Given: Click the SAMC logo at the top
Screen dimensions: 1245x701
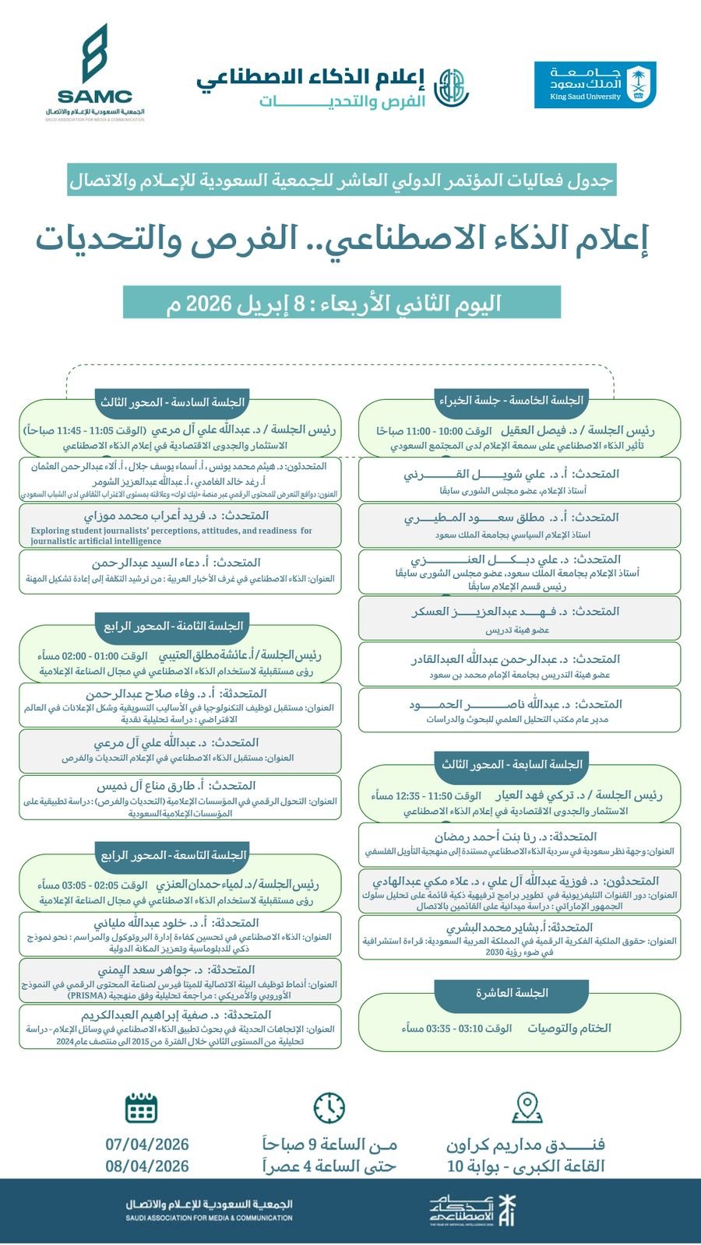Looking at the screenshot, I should coord(95,73).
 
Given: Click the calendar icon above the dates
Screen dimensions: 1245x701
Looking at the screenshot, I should coord(141,1106).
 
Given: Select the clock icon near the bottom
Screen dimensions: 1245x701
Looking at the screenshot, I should coord(329,1107).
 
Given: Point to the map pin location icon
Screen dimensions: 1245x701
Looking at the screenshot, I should coord(527,1107).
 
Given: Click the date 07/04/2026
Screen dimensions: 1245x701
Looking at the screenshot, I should coord(147,1144).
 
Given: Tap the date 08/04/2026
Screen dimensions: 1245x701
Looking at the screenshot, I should coord(147,1166).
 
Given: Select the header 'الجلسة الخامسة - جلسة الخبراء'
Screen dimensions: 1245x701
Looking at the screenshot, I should coord(511,400).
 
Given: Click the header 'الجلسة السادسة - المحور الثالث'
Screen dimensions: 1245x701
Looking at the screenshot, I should coord(172,402).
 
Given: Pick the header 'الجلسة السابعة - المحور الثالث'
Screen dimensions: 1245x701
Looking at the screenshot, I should coord(512,764).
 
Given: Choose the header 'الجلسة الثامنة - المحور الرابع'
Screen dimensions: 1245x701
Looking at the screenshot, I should coord(174,626).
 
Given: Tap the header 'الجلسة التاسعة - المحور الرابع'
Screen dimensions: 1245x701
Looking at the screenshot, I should coord(174,855).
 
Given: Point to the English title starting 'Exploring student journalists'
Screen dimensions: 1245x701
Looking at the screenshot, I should coord(171,535).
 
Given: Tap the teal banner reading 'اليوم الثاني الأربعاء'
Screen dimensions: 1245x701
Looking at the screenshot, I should coord(342,302).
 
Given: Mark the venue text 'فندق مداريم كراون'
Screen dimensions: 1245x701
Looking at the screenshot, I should coord(526,1145).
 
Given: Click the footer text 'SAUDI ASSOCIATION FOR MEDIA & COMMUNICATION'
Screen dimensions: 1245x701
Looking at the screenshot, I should coord(209,1218).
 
